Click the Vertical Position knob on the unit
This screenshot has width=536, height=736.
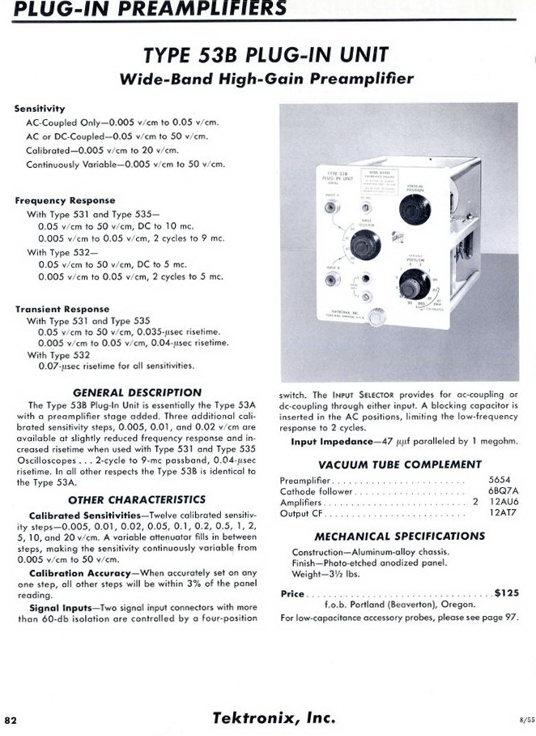click(415, 209)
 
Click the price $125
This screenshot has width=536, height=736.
click(506, 593)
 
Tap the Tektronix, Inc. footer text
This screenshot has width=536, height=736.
click(273, 717)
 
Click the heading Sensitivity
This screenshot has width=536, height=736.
click(40, 108)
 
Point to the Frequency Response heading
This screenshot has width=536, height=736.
click(65, 200)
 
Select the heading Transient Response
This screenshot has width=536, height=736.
click(62, 309)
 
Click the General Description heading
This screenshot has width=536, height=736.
click(137, 392)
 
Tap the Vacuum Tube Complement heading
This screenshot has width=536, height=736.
click(400, 464)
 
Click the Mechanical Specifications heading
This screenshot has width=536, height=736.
click(400, 536)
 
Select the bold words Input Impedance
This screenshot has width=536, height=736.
click(330, 442)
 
